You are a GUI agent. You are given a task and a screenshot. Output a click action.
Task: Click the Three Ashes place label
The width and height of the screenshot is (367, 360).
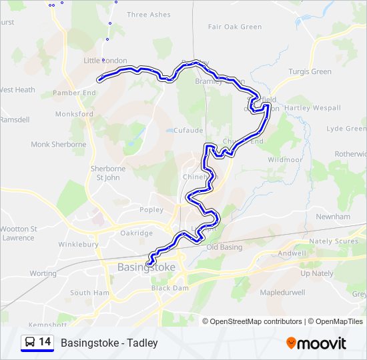tap(148, 15)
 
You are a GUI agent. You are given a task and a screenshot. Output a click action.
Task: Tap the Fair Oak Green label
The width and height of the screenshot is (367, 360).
tap(235, 27)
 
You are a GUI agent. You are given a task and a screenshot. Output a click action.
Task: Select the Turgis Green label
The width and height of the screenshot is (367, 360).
tap(310, 71)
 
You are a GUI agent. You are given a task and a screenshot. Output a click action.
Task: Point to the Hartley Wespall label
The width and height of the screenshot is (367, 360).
tap(313, 108)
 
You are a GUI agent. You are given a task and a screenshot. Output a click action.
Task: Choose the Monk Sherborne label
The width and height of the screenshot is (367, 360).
tap(59, 144)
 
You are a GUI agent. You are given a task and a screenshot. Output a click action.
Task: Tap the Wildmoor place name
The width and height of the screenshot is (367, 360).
tap(285, 160)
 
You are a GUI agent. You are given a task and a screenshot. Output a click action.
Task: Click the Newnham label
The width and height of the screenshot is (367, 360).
tap(333, 217)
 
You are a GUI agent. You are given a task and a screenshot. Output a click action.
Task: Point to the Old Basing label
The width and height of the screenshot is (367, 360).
tap(224, 247)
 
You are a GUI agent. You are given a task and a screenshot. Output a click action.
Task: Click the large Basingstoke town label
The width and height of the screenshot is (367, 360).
tap(146, 267)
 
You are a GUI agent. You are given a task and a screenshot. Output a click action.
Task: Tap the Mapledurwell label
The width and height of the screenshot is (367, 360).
tap(282, 293)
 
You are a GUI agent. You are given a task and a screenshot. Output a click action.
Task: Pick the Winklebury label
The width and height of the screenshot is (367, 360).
tap(78, 245)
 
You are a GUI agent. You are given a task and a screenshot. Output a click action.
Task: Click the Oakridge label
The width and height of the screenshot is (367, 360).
tap(136, 233)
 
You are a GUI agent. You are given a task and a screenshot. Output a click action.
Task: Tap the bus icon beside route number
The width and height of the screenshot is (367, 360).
tap(30, 342)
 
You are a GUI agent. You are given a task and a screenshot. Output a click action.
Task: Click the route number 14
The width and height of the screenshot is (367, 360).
tap(45, 342)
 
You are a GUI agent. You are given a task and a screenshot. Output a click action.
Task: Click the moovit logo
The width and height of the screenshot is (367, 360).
tap(316, 343)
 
